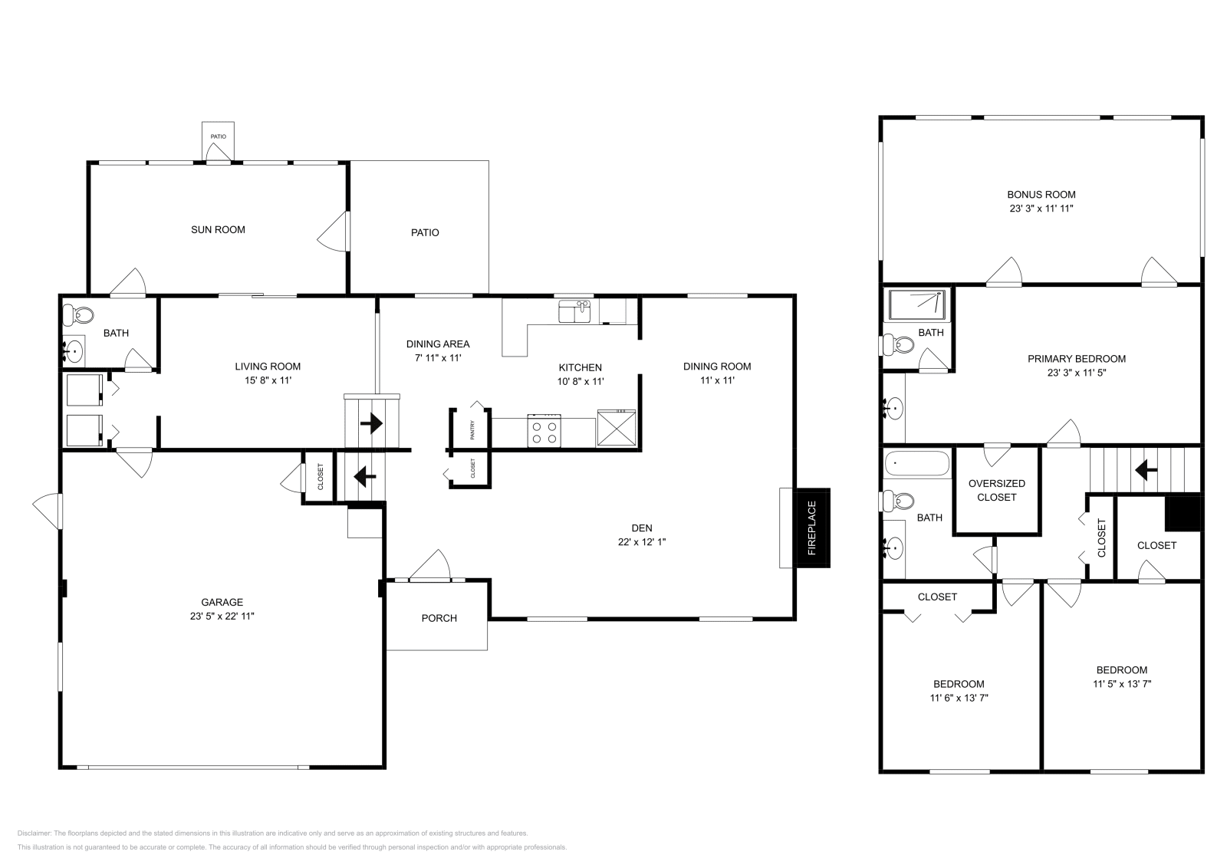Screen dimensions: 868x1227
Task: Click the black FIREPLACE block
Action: coord(812,528)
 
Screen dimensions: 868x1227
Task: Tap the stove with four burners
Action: coord(544,430)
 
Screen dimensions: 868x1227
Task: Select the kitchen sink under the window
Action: coord(574,311)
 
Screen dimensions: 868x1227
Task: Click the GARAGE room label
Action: coord(222,602)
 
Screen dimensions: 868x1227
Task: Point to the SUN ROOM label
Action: coord(218,229)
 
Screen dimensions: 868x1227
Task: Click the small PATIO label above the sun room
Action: coord(219,136)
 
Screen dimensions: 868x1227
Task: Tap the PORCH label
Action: coord(439,618)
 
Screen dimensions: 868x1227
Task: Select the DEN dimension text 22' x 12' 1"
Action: coord(642,541)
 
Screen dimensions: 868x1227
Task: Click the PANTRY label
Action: coord(472,431)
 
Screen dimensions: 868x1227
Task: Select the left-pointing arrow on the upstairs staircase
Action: coord(1146,467)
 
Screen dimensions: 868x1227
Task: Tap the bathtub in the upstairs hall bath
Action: coord(916,464)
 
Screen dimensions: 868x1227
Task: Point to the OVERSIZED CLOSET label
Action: coord(996,490)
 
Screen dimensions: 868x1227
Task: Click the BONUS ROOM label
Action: coord(1041,195)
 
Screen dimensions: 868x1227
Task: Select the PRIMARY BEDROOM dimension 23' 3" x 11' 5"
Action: coord(1076,373)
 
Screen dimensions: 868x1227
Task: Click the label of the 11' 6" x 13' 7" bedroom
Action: coord(958,684)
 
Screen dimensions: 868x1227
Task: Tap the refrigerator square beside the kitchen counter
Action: coord(617,428)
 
